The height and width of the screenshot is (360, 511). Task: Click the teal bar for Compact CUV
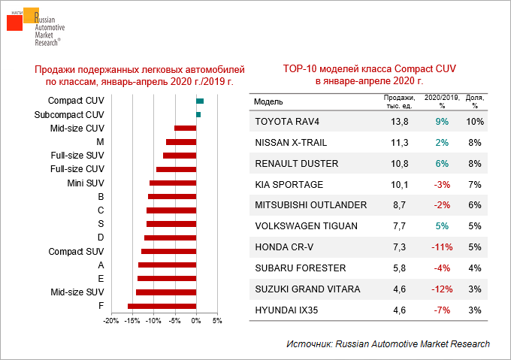[200, 101]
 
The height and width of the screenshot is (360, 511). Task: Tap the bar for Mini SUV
[173, 183]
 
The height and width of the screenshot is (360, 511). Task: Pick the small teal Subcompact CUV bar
[198, 114]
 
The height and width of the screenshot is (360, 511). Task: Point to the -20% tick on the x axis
[110, 321]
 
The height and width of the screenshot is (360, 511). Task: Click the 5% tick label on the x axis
[217, 321]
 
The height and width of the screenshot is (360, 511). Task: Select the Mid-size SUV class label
[77, 292]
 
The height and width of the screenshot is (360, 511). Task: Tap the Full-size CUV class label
[77, 169]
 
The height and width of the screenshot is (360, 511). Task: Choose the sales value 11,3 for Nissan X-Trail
[400, 142]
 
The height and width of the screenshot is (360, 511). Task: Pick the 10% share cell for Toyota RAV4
[475, 121]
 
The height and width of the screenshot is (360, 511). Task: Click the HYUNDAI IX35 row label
[286, 310]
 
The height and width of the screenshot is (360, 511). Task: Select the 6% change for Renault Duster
[442, 163]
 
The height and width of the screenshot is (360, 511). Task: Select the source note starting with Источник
[388, 343]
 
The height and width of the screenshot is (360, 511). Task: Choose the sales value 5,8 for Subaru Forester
[400, 268]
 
